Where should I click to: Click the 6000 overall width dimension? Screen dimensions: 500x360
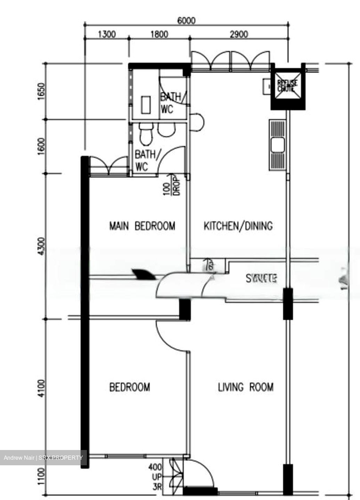[x=186, y=20]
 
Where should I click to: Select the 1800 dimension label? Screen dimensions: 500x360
[x=159, y=34]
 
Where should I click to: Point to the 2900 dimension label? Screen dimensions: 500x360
[x=239, y=34]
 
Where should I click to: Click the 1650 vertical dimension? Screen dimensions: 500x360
[x=42, y=91]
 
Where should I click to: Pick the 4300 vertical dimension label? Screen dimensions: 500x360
[x=42, y=247]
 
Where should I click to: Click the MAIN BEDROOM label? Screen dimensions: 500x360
[x=142, y=226]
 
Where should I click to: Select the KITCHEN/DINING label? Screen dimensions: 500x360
[x=238, y=226]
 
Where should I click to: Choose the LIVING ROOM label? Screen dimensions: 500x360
[x=246, y=387]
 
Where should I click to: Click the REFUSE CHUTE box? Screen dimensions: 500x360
[x=288, y=85]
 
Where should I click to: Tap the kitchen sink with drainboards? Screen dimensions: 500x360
[x=277, y=145]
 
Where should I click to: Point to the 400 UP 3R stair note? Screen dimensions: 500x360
[x=155, y=477]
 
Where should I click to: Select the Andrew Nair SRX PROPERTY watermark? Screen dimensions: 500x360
[x=43, y=458]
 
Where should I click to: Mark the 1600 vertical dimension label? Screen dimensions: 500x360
[x=42, y=147]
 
